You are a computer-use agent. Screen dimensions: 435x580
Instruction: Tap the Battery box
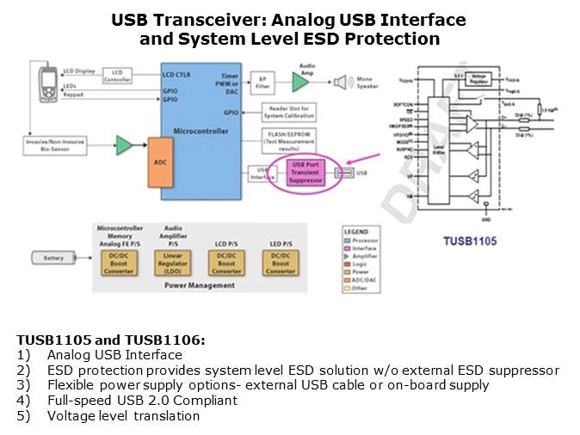52,257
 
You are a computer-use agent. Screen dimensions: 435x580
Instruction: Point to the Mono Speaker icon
342,82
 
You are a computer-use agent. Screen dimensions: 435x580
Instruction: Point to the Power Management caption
200,285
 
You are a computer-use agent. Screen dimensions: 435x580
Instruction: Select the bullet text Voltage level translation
123,416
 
